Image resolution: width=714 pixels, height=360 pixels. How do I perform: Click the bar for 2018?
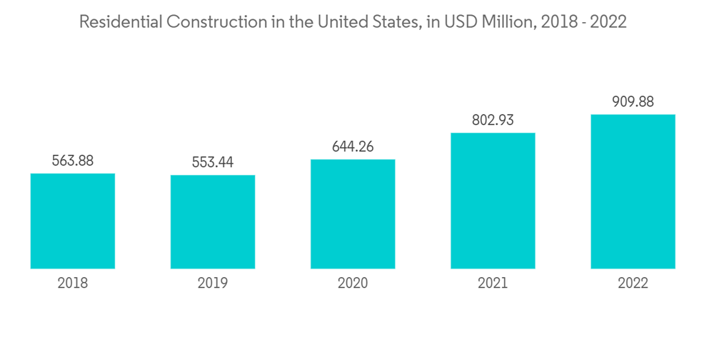pos(73,221)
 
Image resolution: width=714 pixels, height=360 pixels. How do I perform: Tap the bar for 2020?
pos(353,214)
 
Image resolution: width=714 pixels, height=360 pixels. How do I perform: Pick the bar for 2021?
pos(493,201)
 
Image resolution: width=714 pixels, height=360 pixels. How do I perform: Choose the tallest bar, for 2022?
pos(633,191)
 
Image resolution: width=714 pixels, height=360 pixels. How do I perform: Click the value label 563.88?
pos(73,161)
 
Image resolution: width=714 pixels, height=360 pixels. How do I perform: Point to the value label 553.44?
pos(213,162)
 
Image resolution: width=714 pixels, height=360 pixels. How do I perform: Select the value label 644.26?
pos(353,146)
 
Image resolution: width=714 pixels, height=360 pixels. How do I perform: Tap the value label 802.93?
pos(493,120)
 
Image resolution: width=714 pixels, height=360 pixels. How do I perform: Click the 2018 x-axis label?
pos(73,284)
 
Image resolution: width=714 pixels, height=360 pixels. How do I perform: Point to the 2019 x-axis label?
pos(213,284)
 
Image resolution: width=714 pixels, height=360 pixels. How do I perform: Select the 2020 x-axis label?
pos(353,284)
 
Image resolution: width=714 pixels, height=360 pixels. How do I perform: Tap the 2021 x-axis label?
pos(493,284)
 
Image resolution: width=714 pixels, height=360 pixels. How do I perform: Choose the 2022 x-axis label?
pos(633,284)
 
